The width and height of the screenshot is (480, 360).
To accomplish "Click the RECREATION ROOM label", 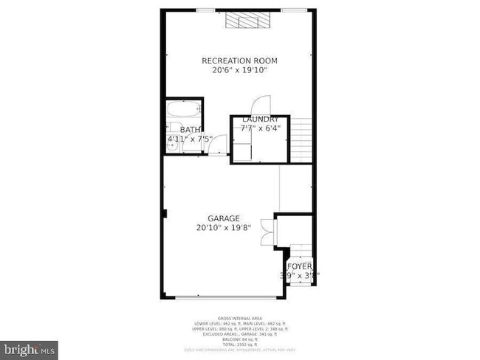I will [x=240, y=60].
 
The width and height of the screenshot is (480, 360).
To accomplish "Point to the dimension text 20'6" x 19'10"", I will [x=240, y=71].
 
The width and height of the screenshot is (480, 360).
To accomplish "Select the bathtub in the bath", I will [x=184, y=111].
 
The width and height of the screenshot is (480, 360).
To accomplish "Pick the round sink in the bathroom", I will [x=172, y=146].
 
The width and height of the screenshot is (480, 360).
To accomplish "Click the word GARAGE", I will [x=224, y=218].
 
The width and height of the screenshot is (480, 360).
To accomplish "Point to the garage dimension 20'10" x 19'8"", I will [x=224, y=228].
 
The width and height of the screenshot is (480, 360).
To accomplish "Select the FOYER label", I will [x=299, y=266].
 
